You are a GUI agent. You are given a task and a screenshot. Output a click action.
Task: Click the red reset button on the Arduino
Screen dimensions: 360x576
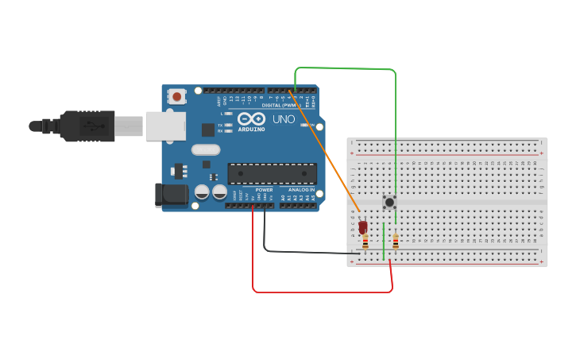click(x=176, y=97)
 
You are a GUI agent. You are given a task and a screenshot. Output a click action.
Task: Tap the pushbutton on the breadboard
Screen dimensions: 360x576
click(x=389, y=202)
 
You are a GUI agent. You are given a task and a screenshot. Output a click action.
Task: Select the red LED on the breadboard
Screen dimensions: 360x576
click(x=363, y=227)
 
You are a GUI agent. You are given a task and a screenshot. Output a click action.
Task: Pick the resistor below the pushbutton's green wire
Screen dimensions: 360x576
click(x=395, y=241)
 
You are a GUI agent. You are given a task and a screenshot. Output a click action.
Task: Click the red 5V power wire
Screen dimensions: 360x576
click(x=318, y=292)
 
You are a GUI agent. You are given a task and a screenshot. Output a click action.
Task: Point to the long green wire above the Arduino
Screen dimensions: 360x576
click(x=346, y=69)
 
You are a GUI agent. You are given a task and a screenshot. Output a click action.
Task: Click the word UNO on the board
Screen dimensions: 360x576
click(x=284, y=119)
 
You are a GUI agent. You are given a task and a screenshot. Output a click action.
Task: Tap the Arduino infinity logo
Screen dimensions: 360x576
click(x=250, y=118)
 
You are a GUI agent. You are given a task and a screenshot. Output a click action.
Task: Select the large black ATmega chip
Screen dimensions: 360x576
click(x=272, y=173)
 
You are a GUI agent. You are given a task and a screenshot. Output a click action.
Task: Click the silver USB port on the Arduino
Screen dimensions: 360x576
click(x=165, y=126)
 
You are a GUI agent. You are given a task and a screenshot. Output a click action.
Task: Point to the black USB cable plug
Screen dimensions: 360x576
click(x=87, y=126)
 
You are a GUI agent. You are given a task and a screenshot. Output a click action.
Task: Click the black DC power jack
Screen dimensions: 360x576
click(x=170, y=195)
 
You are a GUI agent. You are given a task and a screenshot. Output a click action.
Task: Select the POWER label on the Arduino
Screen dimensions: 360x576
click(x=264, y=190)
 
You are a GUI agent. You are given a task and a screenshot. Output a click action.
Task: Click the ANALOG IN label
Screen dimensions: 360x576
click(x=300, y=190)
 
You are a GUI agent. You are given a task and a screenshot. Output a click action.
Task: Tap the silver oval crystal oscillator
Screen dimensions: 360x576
click(x=206, y=149)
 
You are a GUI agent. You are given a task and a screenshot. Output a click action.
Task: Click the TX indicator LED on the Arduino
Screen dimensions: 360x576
click(x=230, y=125)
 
